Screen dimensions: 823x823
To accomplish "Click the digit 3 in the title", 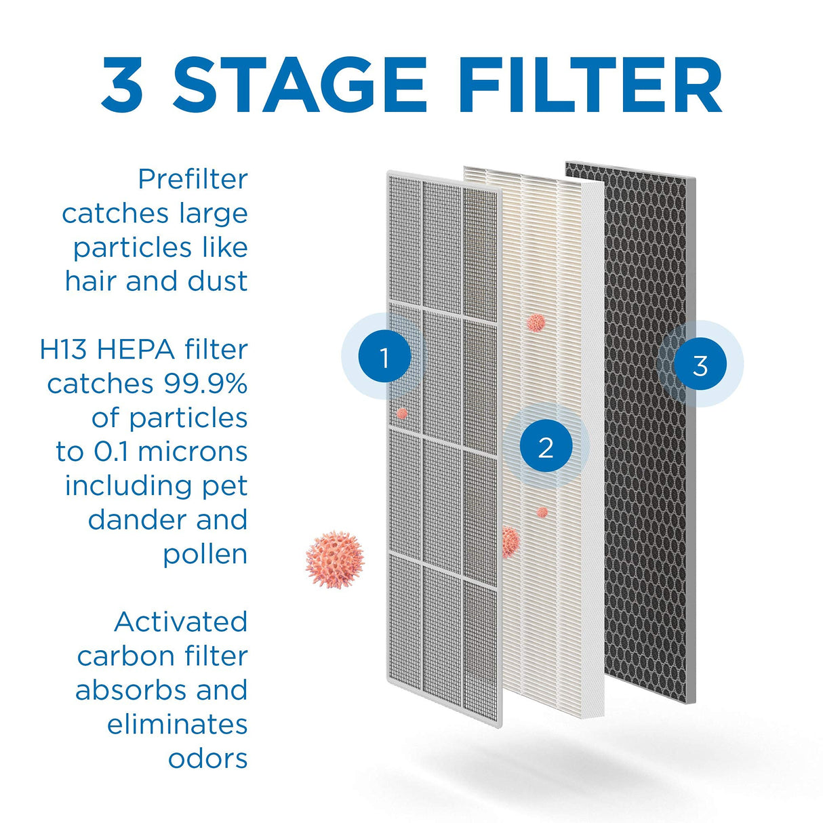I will (x=123, y=85).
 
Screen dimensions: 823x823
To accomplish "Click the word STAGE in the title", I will (x=300, y=85).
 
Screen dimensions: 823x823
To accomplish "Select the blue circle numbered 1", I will (x=384, y=357).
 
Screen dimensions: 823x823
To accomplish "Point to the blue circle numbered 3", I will (x=700, y=365).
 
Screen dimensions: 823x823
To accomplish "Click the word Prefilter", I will (x=193, y=180).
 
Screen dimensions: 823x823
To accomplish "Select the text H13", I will (x=65, y=350).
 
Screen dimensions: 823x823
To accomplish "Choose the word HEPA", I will (x=136, y=350).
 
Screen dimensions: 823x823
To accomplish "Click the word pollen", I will (x=205, y=555).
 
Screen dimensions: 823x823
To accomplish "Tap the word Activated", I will (x=181, y=622).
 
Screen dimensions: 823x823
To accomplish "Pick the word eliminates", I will (x=177, y=725).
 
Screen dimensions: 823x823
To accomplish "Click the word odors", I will (x=207, y=759).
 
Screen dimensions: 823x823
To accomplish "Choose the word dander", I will (x=128, y=521).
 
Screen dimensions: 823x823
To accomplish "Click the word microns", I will (x=193, y=452).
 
